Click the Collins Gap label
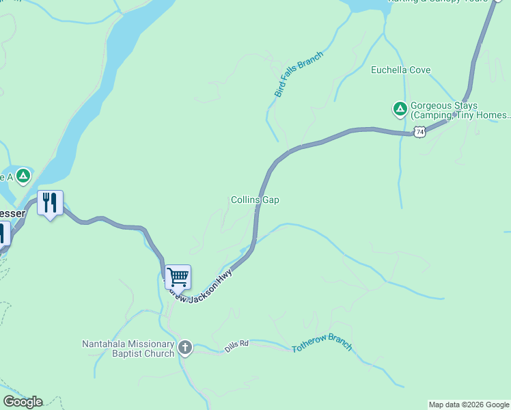255,200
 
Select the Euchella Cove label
400,70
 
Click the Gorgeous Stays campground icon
400,108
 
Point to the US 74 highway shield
419,131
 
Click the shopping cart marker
178,277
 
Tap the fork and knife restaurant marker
50,202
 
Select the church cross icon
184,348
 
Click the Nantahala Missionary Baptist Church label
128,348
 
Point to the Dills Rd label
237,348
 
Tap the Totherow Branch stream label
322,343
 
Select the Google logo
22,402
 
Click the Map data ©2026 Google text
469,405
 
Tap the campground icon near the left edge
23,176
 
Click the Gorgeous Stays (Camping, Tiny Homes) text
459,111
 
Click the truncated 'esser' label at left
12,213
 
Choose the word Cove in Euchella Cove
419,70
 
